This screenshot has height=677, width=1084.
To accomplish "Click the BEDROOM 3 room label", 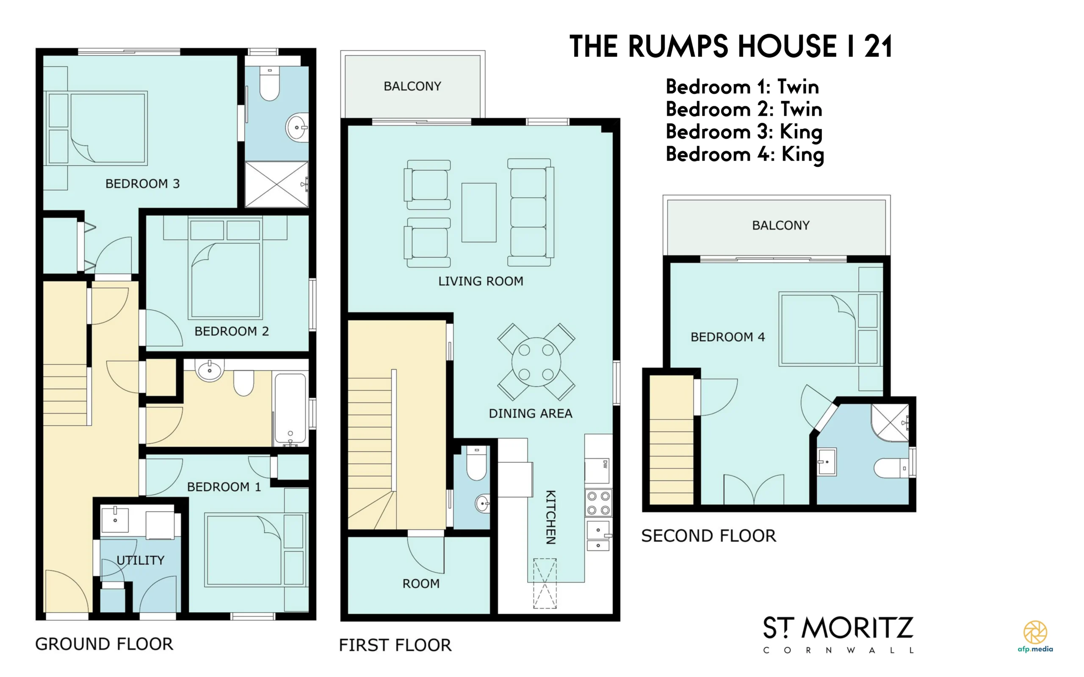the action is [142, 184].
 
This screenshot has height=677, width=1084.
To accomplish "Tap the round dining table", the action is [536, 362].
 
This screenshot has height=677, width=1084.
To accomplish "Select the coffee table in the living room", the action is [478, 212].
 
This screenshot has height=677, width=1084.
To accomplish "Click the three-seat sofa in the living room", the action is [531, 212].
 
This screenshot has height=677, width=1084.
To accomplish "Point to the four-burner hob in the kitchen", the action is [598, 503].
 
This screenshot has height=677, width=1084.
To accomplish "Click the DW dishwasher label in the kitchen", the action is [605, 464].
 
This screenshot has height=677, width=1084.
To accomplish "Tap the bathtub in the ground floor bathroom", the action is [290, 408].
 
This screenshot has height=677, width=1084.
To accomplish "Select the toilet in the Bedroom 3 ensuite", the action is [270, 84].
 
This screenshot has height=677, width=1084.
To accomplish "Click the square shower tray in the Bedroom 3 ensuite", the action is [277, 184].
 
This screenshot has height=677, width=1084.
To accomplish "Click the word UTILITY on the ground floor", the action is [140, 560].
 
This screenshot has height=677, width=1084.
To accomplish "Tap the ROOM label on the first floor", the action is [421, 583].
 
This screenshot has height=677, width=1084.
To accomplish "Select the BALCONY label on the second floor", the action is [780, 225].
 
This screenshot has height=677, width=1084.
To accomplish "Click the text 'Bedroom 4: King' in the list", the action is [744, 154].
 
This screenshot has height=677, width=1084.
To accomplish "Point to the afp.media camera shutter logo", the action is [1035, 633].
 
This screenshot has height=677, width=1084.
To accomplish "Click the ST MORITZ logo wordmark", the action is [838, 628].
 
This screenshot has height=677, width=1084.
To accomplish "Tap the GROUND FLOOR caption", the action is [104, 644].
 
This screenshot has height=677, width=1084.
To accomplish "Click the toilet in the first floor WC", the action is [476, 463].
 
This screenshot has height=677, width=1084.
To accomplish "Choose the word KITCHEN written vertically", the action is [551, 517].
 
